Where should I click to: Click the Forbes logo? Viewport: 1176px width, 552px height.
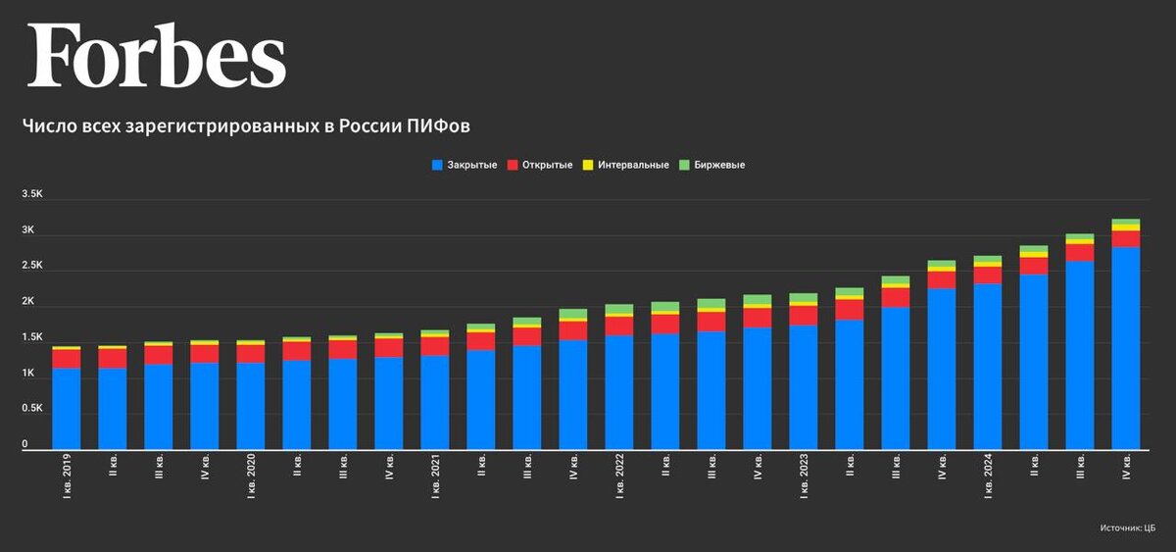pos(157,57)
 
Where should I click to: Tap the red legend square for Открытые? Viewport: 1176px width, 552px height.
pos(513,165)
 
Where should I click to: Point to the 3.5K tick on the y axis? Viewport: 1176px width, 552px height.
pos(31,195)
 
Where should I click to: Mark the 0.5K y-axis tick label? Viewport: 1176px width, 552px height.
pos(31,410)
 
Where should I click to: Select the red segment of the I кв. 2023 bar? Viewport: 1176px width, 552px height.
pos(803,315)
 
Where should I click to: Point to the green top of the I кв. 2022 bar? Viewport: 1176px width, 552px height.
pos(618,309)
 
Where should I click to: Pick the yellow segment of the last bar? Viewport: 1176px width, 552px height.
pos(1126,227)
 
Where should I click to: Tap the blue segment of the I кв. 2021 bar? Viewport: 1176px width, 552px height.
pos(435,402)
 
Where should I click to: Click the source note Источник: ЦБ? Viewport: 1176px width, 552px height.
pos(1128,528)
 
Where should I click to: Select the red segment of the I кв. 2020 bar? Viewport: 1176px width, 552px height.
pos(251,354)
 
